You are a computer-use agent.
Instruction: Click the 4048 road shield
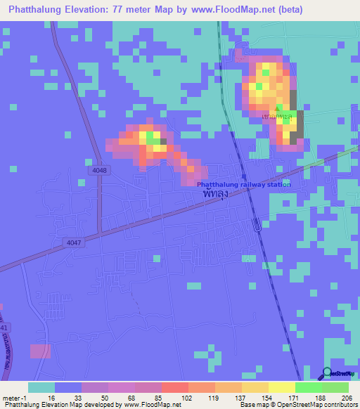point(101,170)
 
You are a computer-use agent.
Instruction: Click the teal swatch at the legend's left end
point(41,387)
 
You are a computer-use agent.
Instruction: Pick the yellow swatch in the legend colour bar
point(281,387)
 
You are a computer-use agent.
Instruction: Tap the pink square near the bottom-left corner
point(40,351)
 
